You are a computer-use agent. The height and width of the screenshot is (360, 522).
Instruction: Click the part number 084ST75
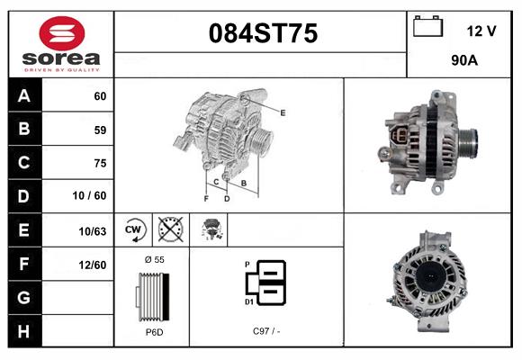point(263,34)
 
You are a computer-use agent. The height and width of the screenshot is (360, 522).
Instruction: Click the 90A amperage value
point(463,62)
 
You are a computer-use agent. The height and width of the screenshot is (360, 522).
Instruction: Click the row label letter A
point(23,95)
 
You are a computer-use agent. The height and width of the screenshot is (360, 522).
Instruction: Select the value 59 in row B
point(99,130)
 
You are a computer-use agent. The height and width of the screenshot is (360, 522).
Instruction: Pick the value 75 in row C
point(99,163)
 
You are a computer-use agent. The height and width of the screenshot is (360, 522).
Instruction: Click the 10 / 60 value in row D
point(91,196)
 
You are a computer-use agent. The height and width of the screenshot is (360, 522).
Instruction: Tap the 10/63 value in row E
point(93,230)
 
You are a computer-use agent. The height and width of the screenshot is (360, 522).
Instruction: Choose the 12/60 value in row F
point(93,264)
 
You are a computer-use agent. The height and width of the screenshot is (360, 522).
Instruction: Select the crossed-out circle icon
point(171,229)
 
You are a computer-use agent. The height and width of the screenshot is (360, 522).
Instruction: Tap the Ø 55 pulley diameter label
point(153,259)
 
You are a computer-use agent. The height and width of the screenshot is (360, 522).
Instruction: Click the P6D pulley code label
point(153,332)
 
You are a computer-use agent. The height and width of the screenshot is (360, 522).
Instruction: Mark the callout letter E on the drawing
point(283,112)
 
